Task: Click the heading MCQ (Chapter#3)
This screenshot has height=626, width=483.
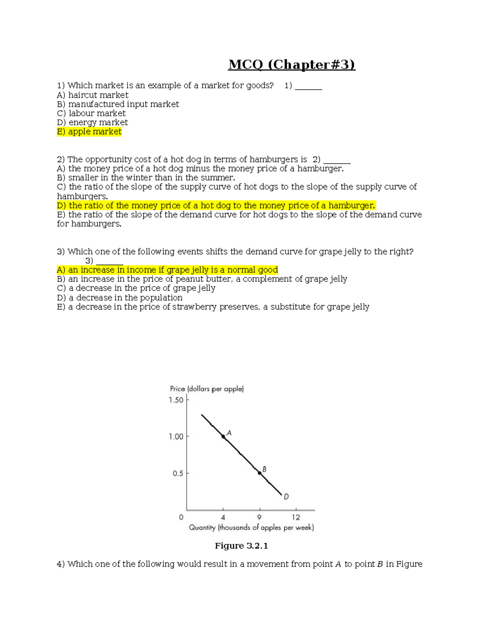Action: [291, 64]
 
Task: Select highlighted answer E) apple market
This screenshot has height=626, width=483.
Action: [89, 132]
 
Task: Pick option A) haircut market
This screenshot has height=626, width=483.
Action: [93, 95]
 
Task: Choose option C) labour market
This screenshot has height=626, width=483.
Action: [91, 113]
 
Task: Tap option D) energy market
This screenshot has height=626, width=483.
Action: [92, 123]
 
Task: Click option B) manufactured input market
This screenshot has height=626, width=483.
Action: [118, 104]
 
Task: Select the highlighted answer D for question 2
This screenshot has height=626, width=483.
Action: [216, 206]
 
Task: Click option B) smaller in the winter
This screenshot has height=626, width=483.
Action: [146, 178]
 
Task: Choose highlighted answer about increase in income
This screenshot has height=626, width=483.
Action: [167, 270]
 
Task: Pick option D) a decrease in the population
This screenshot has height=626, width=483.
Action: [120, 297]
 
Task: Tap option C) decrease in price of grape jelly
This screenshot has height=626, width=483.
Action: [136, 288]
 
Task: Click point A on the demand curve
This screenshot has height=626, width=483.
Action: [223, 437]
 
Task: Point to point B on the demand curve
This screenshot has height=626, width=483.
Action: [260, 473]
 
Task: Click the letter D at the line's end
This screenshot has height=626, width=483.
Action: [286, 497]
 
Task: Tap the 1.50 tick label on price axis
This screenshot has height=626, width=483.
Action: [176, 400]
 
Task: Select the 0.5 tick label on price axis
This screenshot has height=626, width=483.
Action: [178, 473]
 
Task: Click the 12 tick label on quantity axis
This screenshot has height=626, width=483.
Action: [296, 517]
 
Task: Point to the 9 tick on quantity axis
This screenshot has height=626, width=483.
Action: [259, 517]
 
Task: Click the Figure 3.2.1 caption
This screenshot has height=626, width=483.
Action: [241, 546]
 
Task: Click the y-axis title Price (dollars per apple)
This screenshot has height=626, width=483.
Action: [207, 389]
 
